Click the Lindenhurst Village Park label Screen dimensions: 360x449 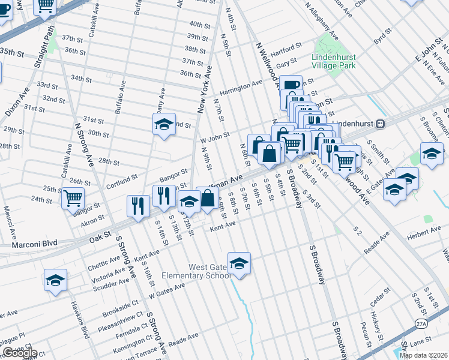(334, 61)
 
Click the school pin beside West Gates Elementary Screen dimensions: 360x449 (239, 263)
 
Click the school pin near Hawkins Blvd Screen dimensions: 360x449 (55, 280)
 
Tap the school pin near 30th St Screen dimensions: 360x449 (164, 124)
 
